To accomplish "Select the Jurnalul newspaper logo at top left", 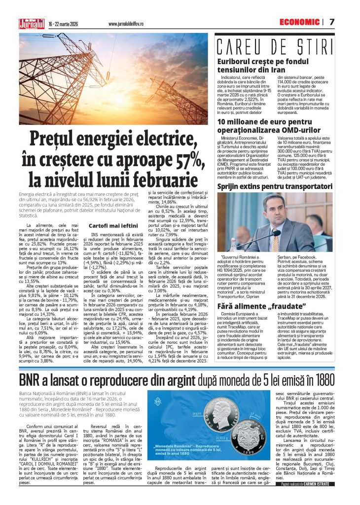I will tap(31, 23).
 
